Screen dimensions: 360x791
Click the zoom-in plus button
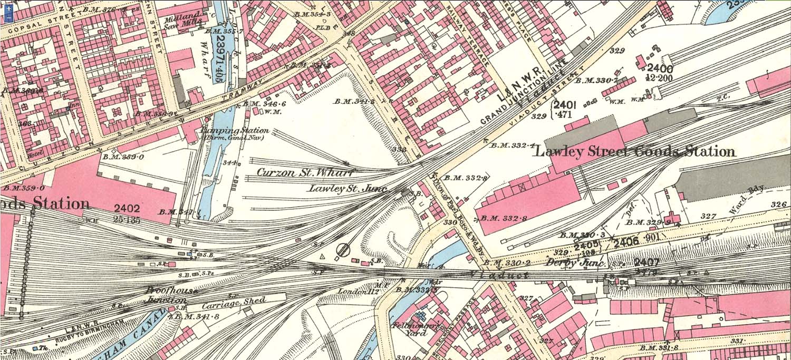[9, 9]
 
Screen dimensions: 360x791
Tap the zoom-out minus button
[9, 18]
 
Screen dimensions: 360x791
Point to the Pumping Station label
[235, 131]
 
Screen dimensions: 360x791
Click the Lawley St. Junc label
[348, 188]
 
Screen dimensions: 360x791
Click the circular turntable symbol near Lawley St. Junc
[344, 249]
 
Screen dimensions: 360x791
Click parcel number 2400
[659, 69]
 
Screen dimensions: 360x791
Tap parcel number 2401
[568, 105]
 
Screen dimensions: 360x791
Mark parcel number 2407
[648, 262]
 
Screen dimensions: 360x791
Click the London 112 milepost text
[352, 291]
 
